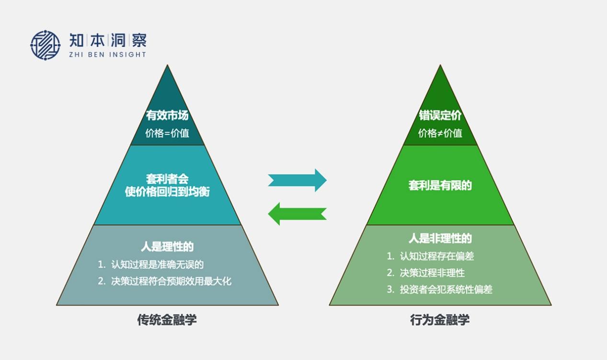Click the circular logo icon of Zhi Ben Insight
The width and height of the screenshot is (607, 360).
point(46,45)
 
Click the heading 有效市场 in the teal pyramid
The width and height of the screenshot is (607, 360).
point(167,116)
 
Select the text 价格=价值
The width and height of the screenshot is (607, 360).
point(167,133)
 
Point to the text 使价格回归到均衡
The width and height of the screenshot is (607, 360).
point(167,191)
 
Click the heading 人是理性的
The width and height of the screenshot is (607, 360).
point(167,247)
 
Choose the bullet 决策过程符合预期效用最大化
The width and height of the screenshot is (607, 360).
point(171,281)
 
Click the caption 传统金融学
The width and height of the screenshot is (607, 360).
point(167,320)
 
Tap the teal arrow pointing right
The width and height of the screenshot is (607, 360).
point(297,180)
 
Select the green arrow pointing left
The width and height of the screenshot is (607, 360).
point(297,214)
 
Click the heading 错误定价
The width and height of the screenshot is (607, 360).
point(440,116)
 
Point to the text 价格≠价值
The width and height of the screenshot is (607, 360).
point(440,133)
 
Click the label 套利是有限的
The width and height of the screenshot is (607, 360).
point(440,185)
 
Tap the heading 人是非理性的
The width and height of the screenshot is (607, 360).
point(440,238)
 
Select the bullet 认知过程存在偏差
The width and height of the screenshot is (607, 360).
point(436,256)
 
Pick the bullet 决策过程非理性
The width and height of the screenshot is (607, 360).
point(432,273)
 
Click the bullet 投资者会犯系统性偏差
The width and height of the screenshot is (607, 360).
point(446,289)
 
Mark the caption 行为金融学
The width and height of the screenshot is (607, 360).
point(440,320)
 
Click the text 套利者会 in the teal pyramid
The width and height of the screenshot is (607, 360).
point(167,179)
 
